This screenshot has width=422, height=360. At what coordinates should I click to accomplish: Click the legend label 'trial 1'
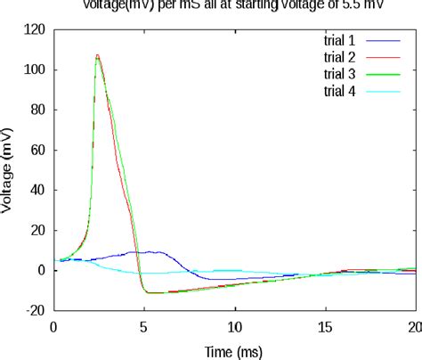point(339,40)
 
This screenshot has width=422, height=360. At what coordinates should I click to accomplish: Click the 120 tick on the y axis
point(34,29)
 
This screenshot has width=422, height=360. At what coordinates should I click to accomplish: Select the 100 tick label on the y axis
point(34,70)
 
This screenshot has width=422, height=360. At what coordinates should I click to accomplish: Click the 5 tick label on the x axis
point(144,326)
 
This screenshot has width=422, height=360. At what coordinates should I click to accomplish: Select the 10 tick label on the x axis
point(234,326)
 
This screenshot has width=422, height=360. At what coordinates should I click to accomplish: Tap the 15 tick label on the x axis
point(325,326)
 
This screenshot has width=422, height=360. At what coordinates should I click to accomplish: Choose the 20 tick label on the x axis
point(413,326)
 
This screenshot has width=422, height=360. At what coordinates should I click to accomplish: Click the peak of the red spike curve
point(97,55)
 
